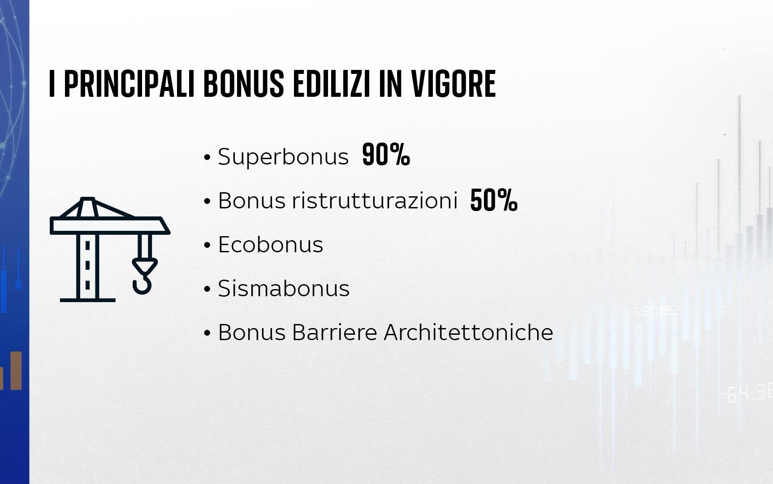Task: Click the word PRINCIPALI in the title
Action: pos(129,84)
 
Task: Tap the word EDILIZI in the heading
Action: pos(332,84)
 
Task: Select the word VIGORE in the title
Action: pos(453,84)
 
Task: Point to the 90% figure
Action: pos(386,155)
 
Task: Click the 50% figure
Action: pos(494,200)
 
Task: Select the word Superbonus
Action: pos(283,157)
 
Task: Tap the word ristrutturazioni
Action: pos(375,200)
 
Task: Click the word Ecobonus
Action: pos(270,245)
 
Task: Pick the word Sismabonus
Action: pos(283,288)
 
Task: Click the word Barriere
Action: pos(334,333)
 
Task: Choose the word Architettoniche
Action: pos(468,333)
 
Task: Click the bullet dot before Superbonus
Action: pos(207,158)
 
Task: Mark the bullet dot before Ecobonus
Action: pos(207,246)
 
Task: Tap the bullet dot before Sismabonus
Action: pos(207,290)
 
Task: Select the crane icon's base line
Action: pos(88,300)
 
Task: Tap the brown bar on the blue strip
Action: pos(16,371)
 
